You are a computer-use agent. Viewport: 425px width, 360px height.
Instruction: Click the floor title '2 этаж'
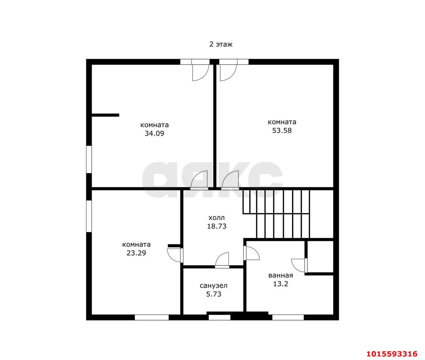(220, 44)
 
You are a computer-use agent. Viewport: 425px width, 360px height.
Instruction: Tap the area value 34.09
(154, 134)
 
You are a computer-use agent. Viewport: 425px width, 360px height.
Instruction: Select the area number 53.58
(282, 130)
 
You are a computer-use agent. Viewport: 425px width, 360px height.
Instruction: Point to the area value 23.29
(136, 253)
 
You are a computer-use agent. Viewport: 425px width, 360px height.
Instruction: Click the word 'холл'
(216, 218)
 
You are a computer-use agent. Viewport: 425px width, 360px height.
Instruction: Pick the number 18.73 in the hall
(216, 226)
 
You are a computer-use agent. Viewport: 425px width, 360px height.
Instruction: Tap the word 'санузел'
(213, 286)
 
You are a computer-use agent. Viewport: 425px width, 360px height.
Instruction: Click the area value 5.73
(213, 294)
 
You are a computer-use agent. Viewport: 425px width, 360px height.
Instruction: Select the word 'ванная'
(281, 275)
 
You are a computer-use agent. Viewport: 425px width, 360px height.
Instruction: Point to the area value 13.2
(281, 284)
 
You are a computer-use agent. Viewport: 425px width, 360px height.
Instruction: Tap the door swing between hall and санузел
(222, 260)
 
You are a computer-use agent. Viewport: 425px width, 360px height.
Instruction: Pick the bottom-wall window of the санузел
(219, 318)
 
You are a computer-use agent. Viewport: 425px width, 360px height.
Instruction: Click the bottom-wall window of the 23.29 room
(152, 318)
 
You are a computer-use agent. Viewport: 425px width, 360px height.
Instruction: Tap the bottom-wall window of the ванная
(288, 318)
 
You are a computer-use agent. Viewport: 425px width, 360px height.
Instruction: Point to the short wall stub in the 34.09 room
(105, 115)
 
